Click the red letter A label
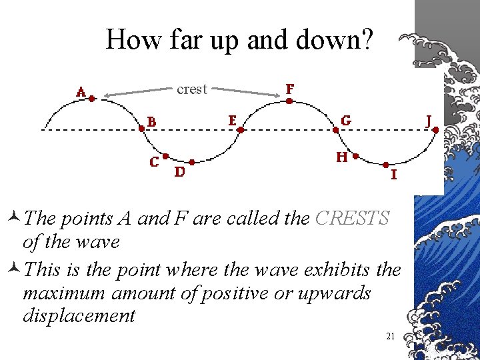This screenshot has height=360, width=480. click(x=81, y=93)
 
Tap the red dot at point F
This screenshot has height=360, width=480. click(x=289, y=101)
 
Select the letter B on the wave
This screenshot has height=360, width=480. click(x=153, y=122)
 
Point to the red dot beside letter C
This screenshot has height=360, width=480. click(x=165, y=157)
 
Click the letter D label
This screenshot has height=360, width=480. click(x=179, y=173)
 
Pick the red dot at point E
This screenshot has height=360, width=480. click(x=241, y=130)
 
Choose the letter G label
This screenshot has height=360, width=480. click(x=346, y=121)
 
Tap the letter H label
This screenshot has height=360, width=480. click(x=341, y=157)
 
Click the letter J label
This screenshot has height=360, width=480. click(x=431, y=121)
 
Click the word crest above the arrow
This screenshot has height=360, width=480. click(x=192, y=89)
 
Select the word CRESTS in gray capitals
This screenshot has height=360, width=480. click(x=352, y=219)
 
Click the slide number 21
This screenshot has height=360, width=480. click(x=391, y=336)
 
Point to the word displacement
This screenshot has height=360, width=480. click(x=79, y=315)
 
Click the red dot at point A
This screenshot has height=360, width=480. click(x=92, y=98)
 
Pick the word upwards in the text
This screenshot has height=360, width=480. click(x=333, y=293)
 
